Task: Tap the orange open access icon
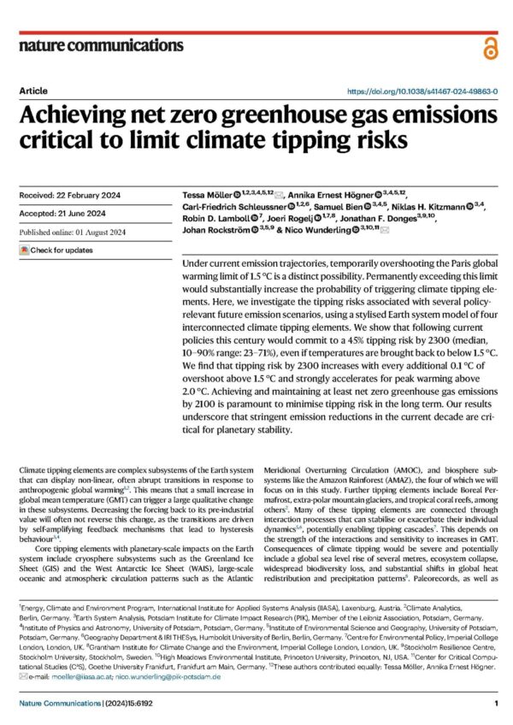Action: [x=489, y=47]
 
